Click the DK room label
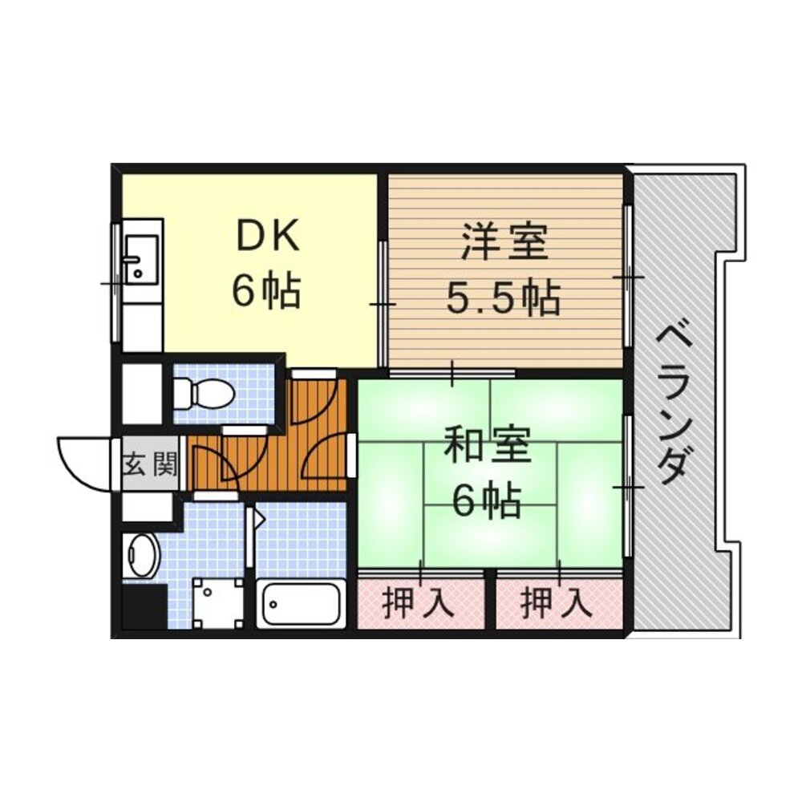coord(268,237)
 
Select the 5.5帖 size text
coord(504,298)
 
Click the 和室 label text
coord(487,445)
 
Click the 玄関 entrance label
coord(150,465)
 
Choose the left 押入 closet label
coord(419,604)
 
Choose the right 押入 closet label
coord(557,604)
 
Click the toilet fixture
coord(204,394)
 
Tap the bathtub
coord(299,604)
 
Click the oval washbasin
coord(141,555)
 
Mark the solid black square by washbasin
coord(144,608)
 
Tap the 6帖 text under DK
coord(266,292)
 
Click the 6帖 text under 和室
coord(487,500)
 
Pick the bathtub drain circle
coord(273,604)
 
